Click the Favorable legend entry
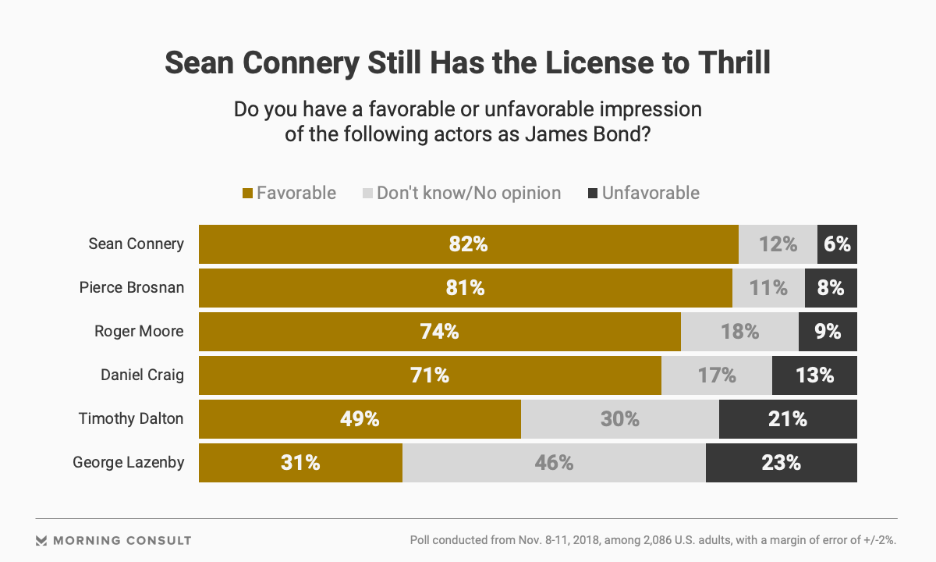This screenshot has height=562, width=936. (x=289, y=193)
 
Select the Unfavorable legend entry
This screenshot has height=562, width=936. (x=643, y=193)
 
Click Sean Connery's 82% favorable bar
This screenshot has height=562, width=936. (x=468, y=244)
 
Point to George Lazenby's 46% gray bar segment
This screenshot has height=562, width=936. (x=554, y=463)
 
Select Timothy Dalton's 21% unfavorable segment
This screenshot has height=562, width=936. (x=788, y=419)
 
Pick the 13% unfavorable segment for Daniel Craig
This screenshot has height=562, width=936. (x=814, y=375)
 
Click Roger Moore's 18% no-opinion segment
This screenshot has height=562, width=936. (x=739, y=332)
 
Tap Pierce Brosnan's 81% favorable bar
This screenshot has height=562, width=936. (x=465, y=288)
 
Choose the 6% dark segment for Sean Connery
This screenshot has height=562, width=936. (x=837, y=244)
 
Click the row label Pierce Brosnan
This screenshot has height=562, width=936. (x=132, y=287)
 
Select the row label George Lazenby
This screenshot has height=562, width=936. (x=129, y=462)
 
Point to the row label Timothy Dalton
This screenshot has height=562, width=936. (x=131, y=418)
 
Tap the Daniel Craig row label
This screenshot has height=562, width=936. (x=142, y=375)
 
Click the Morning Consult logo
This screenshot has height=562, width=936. (x=114, y=540)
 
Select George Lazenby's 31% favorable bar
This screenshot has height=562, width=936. (x=300, y=463)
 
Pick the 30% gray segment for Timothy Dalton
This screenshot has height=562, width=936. (x=619, y=419)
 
